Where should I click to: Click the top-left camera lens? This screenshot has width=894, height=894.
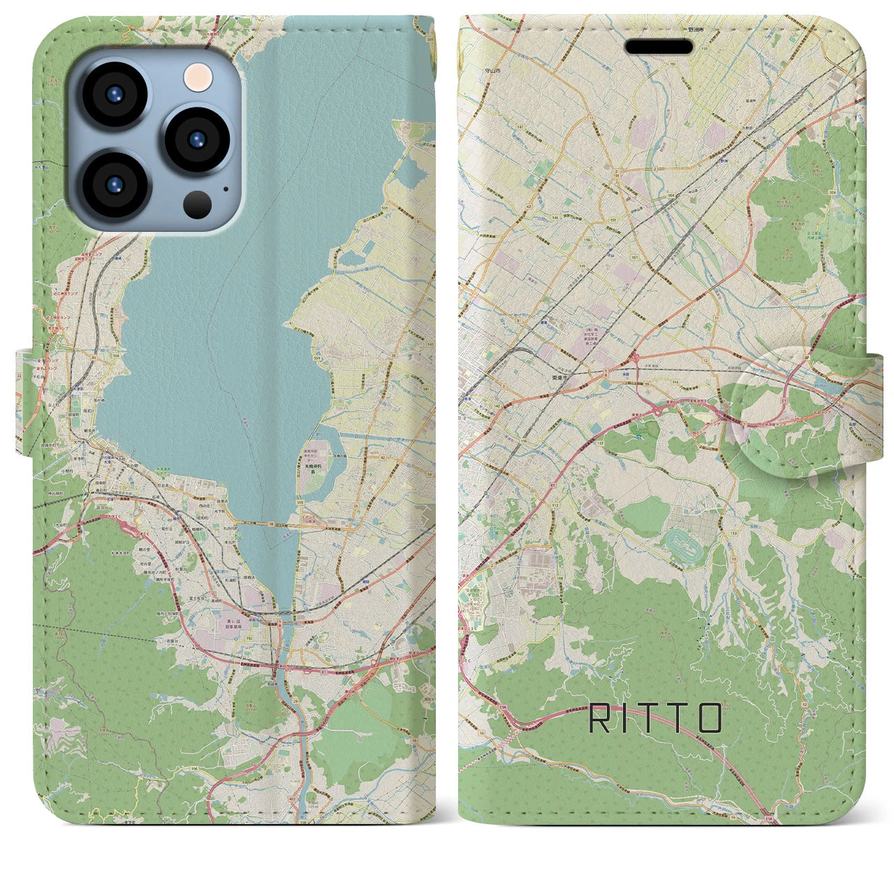(115, 95)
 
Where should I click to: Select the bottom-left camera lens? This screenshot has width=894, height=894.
(115, 184)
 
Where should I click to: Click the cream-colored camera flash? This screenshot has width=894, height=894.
(198, 75)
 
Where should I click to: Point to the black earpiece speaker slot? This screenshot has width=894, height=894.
(659, 47)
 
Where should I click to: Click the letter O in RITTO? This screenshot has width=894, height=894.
(708, 718)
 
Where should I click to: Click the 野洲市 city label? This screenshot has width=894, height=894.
(677, 31)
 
